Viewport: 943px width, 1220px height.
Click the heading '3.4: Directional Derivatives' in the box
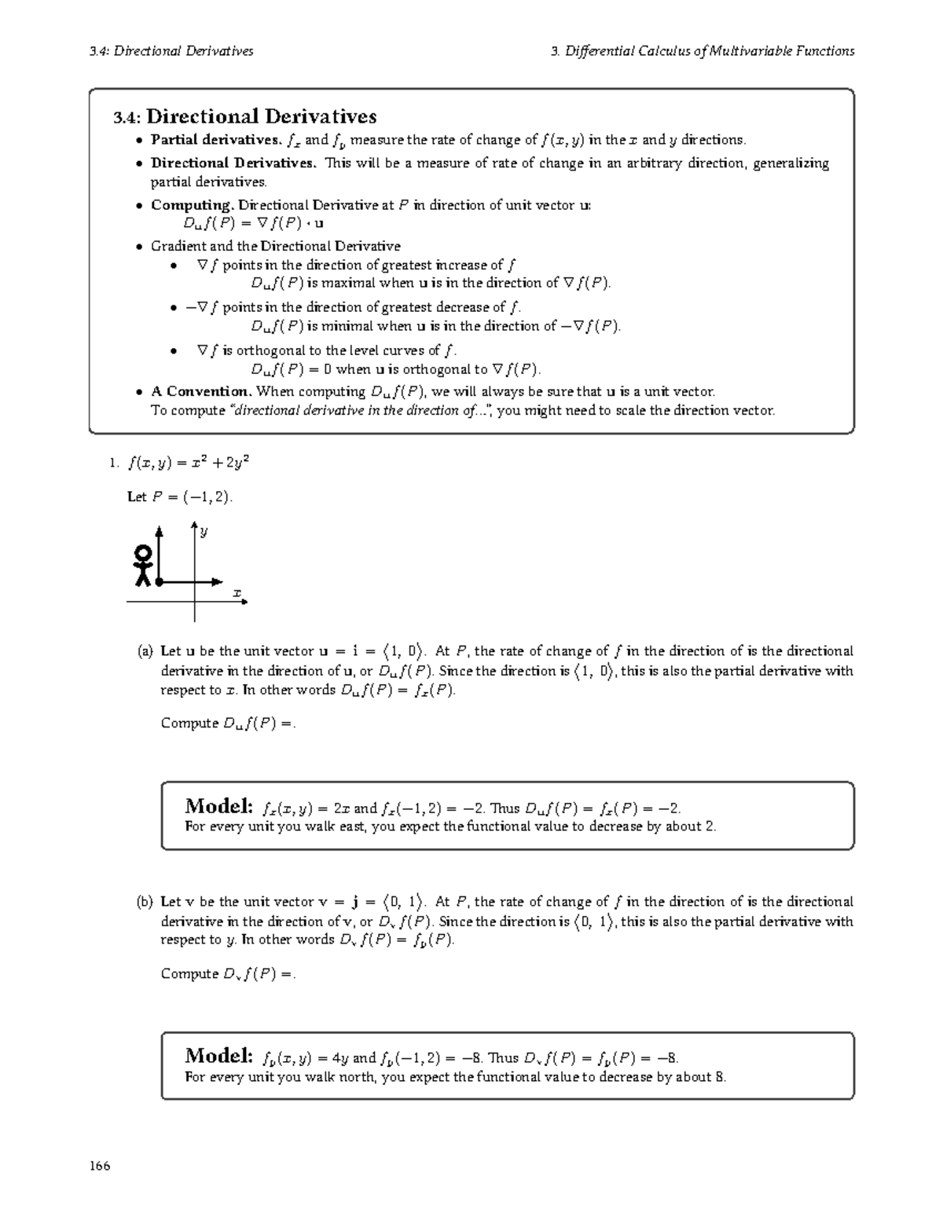(244, 117)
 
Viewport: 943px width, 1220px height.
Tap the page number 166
(100, 1166)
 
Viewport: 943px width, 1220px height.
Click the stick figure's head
(143, 552)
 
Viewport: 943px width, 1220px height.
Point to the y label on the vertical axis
(204, 532)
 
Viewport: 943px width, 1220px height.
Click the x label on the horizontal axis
(235, 593)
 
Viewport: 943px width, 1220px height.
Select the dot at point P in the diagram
(159, 582)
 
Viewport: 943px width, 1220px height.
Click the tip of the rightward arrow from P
(221, 582)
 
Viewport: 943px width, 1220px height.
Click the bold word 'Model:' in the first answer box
(218, 806)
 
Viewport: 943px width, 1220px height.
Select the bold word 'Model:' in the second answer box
(218, 1055)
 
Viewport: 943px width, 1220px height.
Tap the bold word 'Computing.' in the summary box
(193, 205)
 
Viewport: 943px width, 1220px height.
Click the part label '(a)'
(145, 651)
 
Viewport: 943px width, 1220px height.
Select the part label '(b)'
(145, 902)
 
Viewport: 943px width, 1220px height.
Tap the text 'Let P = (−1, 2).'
(180, 497)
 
